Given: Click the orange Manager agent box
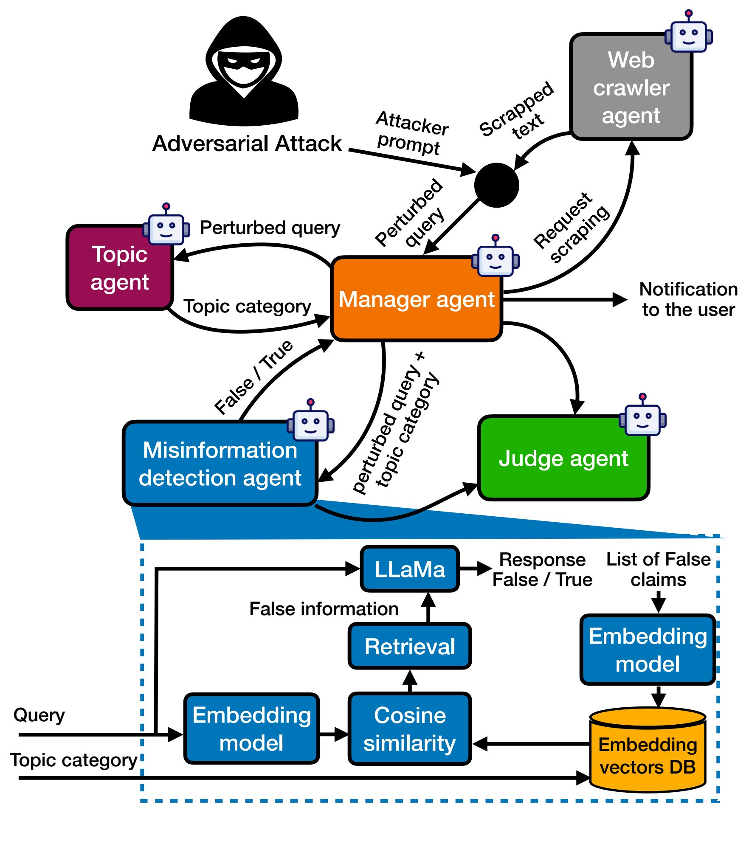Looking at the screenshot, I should coord(416,299).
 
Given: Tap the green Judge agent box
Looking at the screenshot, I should coord(563,459).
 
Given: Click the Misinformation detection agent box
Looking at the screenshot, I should coord(220,464).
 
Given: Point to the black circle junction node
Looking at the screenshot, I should coord(496,186).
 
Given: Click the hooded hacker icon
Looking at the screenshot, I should coord(244,72).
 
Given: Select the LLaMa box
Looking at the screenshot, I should coord(410,569).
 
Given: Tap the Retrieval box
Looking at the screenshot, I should coord(410,646).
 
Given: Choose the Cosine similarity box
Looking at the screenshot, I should coord(410,729).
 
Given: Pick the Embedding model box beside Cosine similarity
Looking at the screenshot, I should coord(252,729).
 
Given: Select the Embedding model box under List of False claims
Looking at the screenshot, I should coord(648,650).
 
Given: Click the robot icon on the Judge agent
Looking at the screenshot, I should coord(642,417).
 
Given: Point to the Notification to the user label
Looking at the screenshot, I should coord(688,299).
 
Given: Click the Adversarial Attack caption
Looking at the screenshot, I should coord(247,143).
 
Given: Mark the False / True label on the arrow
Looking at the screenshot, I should coord(253,377).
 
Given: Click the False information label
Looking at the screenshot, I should coord(324,609).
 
